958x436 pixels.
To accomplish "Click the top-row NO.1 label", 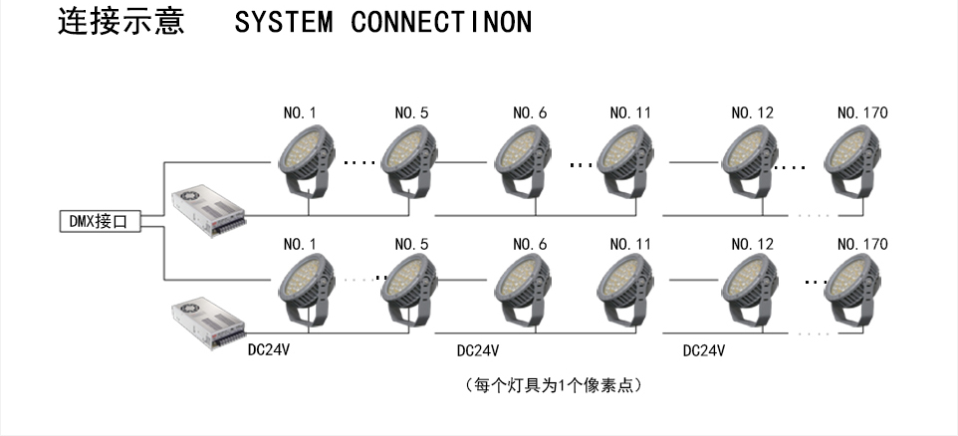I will [301, 113].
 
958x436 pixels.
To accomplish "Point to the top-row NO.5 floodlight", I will [410, 160].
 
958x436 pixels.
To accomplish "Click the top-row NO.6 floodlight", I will [528, 160].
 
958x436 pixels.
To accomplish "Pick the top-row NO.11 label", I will [629, 113].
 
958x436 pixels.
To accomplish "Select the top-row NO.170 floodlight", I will [858, 160].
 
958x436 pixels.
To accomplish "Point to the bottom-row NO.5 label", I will [411, 244].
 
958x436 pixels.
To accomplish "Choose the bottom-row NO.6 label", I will [530, 244].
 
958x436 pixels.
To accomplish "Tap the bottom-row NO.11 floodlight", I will [627, 289].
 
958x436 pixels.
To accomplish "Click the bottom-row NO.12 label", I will [752, 244].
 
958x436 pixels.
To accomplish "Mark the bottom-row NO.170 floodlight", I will [858, 289].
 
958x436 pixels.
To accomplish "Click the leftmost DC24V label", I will [269, 350].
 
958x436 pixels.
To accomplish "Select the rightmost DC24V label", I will [704, 351].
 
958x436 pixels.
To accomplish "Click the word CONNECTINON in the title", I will [441, 23].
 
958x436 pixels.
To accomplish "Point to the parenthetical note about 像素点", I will [552, 385].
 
